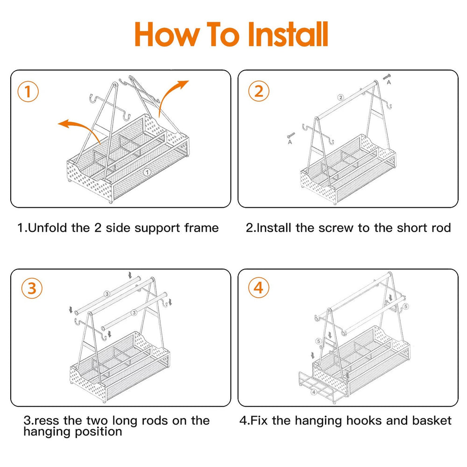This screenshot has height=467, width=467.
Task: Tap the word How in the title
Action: coord(166,34)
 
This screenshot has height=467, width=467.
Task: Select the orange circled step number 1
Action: coord(28,92)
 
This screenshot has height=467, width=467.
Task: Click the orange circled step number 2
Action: coord(258,92)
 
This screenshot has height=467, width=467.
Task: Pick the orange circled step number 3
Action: coord(31,289)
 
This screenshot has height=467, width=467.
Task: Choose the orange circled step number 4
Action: coord(258,289)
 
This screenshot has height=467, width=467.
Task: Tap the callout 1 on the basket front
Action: coord(148,172)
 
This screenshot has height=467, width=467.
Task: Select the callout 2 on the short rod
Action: coord(340,98)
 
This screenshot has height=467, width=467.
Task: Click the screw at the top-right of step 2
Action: coord(387,77)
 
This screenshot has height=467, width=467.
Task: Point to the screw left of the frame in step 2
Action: coord(290,135)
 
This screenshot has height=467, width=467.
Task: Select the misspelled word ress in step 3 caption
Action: coord(43,421)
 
